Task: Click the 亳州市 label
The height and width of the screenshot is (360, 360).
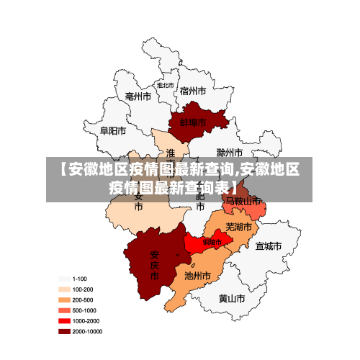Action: (138, 96)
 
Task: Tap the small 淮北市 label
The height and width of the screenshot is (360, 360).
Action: (166, 85)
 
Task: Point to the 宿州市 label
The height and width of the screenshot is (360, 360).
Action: (193, 91)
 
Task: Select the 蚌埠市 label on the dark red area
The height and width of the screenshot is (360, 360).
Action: (193, 123)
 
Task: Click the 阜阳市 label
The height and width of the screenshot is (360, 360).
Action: (113, 131)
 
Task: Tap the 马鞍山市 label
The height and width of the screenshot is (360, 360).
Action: (242, 202)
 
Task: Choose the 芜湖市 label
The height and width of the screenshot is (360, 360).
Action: (239, 227)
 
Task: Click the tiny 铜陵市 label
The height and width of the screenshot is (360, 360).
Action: (212, 242)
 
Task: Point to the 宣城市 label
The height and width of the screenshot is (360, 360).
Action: (268, 246)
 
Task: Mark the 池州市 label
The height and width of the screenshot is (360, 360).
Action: (198, 276)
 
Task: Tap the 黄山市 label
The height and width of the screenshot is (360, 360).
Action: (232, 298)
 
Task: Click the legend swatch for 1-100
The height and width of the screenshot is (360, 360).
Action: (64, 279)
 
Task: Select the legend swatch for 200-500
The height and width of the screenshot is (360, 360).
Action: (64, 300)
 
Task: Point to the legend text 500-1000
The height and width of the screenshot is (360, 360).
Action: (85, 310)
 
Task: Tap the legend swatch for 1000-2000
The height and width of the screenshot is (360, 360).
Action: (64, 320)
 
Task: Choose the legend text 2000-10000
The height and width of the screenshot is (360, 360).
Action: (87, 331)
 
